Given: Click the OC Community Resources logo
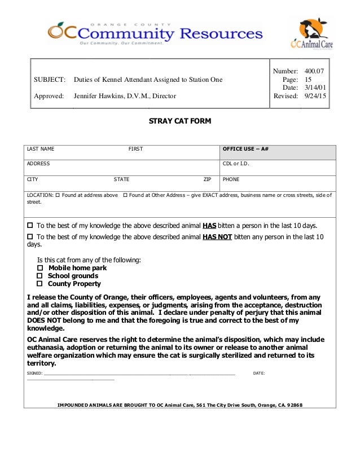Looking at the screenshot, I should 155,33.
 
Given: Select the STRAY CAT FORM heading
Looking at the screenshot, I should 179,121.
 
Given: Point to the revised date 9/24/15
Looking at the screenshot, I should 315,96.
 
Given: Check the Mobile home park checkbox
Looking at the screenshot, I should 40,268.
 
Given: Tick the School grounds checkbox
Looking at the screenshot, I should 40,276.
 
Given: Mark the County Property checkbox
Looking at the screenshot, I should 40,284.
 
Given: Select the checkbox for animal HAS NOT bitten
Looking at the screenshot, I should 30,237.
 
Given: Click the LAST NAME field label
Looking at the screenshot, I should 41,149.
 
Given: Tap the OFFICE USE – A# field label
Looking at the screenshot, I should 245,149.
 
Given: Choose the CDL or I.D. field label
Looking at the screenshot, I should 236,164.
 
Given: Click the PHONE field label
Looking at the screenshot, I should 231,179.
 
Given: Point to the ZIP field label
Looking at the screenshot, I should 207,179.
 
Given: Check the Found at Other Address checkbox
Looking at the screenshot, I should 125,195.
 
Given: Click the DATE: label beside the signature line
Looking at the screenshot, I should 259,373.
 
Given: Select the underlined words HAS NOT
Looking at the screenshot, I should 217,237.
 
